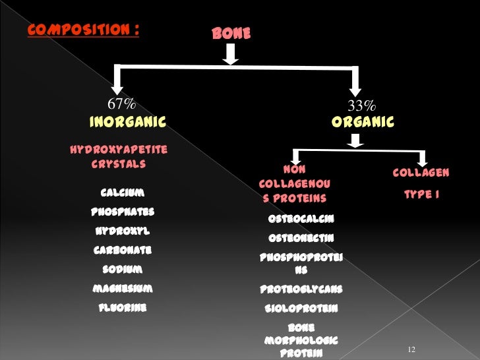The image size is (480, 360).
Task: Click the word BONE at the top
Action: click(x=231, y=33)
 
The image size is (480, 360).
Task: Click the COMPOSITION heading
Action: click(x=82, y=30)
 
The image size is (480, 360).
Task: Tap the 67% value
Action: click(x=122, y=104)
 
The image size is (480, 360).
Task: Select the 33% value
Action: click(x=361, y=105)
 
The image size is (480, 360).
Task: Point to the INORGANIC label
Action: click(x=127, y=122)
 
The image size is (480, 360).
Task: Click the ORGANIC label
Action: click(x=363, y=122)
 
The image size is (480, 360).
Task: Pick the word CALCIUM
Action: click(x=123, y=193)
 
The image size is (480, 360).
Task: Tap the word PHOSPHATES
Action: click(x=123, y=212)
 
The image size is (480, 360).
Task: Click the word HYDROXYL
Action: click(x=123, y=231)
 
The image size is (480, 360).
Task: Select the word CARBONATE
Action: click(x=123, y=251)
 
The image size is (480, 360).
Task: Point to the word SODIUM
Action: click(x=123, y=270)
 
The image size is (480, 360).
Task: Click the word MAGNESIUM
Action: click(x=123, y=289)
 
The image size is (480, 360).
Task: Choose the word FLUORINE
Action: click(x=123, y=308)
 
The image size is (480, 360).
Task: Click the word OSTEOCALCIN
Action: click(x=301, y=219)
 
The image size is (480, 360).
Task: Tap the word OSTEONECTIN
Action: click(x=301, y=238)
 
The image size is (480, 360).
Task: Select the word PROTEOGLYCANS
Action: click(x=301, y=289)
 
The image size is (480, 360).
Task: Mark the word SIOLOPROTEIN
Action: click(x=301, y=309)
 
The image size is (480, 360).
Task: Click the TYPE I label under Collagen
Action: click(x=421, y=195)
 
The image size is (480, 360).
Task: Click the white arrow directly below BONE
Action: click(x=229, y=57)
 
